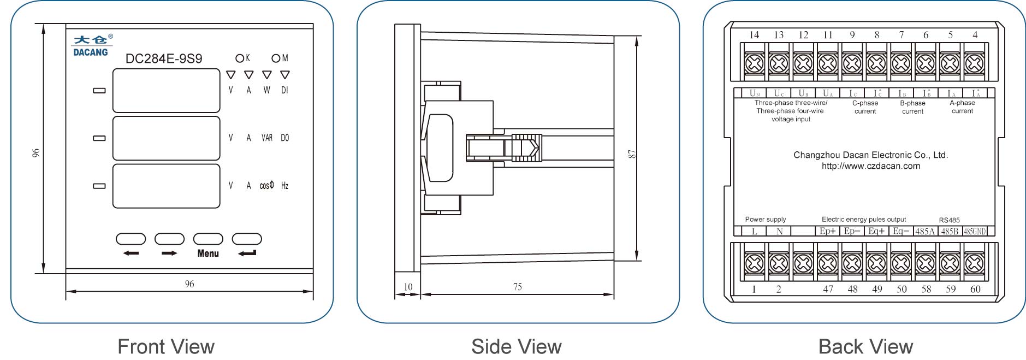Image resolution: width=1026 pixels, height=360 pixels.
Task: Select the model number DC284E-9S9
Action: click(x=164, y=59)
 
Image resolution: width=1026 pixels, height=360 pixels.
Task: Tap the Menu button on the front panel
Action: click(x=208, y=239)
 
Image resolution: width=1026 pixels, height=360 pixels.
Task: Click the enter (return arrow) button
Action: click(x=247, y=239)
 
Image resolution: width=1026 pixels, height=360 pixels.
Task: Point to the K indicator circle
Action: click(x=240, y=58)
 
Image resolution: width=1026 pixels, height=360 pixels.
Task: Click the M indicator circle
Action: click(x=276, y=58)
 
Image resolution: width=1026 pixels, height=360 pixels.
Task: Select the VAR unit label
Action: click(x=267, y=138)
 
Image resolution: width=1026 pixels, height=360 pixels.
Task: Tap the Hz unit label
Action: click(x=284, y=186)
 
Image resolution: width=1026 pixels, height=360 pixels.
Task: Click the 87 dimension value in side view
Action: click(x=632, y=154)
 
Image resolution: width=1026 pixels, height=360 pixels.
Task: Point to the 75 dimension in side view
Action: click(x=517, y=287)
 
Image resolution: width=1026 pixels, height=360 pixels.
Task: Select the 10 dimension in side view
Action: click(x=408, y=287)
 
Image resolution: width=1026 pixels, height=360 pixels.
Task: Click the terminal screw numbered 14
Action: click(x=754, y=63)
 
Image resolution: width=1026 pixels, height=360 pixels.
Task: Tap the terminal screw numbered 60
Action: click(x=975, y=263)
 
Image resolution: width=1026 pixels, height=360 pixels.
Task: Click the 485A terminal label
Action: click(x=925, y=231)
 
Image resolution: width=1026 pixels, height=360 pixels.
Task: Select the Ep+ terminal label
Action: click(x=828, y=231)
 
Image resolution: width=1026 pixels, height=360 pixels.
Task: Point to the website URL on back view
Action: click(x=871, y=166)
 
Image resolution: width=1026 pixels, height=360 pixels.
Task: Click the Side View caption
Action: click(x=517, y=346)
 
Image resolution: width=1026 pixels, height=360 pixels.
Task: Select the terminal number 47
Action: click(x=828, y=289)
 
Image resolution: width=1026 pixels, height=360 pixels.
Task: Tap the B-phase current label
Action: click(x=912, y=107)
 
